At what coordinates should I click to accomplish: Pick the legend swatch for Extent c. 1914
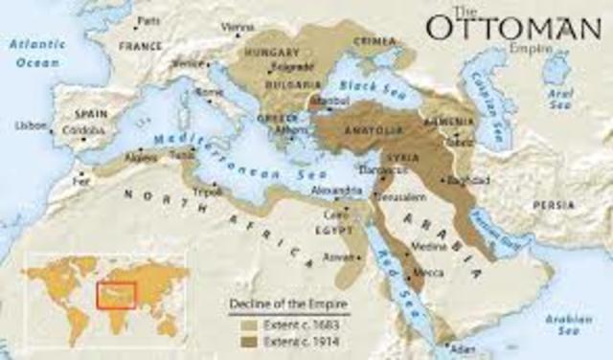point(237,340)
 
